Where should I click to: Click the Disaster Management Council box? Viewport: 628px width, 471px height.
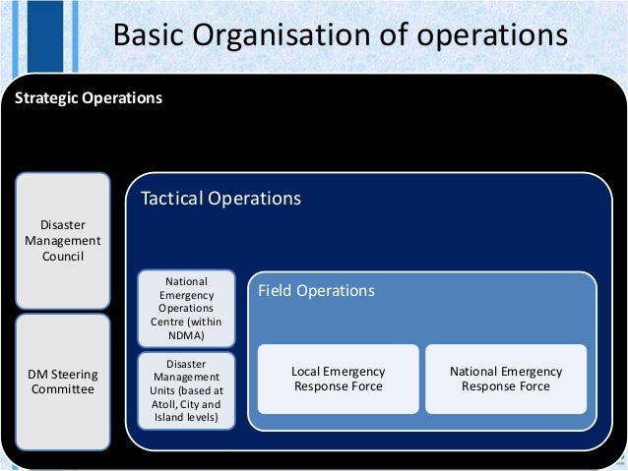click(x=62, y=240)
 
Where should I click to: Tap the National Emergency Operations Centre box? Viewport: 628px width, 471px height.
click(x=187, y=308)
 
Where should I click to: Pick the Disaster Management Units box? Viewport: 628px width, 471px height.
click(x=187, y=390)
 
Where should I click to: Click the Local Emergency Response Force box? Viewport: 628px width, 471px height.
click(x=339, y=379)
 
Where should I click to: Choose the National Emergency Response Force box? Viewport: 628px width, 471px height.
click(x=506, y=379)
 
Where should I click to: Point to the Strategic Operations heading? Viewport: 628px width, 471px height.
click(x=87, y=99)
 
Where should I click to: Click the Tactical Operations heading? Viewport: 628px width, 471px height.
click(x=220, y=198)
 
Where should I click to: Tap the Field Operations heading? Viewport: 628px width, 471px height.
click(x=316, y=291)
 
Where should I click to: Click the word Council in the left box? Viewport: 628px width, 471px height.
click(x=62, y=257)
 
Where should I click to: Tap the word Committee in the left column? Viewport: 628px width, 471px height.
click(x=62, y=389)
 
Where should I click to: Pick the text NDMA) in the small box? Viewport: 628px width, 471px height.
click(x=187, y=335)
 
